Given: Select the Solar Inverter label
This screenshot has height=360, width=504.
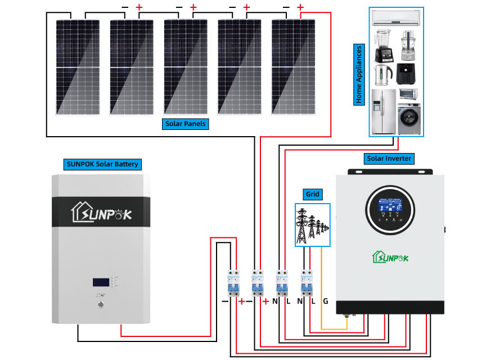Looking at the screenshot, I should point(389,159).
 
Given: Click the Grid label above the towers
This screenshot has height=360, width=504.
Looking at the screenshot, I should point(312,194).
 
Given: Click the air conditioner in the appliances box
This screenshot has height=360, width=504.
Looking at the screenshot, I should point(396,19).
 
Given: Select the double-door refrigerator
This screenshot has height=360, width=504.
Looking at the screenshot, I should point(382,111).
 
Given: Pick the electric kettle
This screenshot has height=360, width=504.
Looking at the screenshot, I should point(382,73).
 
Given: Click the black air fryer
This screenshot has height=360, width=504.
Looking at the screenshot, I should point(407,73).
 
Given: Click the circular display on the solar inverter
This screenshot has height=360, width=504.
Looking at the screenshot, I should point(390,211).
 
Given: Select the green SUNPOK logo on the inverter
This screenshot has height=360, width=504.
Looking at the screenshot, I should point(390,257).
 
